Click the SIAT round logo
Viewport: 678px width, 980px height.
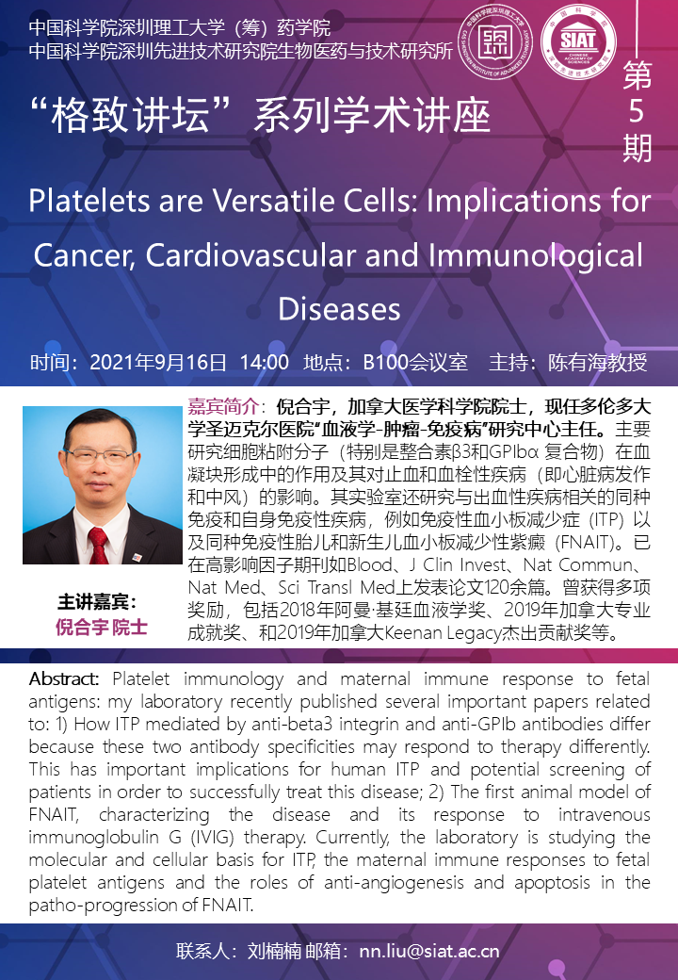(579, 42)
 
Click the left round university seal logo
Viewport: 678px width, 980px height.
(495, 42)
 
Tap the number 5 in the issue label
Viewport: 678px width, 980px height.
(637, 110)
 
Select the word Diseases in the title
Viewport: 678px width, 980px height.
(339, 309)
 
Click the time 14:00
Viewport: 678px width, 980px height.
(264, 363)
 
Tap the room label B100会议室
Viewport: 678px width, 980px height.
(415, 363)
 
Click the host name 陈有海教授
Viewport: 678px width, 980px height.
(597, 363)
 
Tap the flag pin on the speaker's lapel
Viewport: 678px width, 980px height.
(137, 556)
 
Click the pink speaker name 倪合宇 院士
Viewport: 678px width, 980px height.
(102, 627)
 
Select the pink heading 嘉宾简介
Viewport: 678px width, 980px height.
(223, 407)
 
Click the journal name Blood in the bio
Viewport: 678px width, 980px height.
(370, 565)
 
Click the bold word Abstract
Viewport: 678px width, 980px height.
(64, 678)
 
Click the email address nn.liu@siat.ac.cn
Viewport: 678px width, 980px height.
(429, 951)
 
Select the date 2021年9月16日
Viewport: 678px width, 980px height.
(158, 363)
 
